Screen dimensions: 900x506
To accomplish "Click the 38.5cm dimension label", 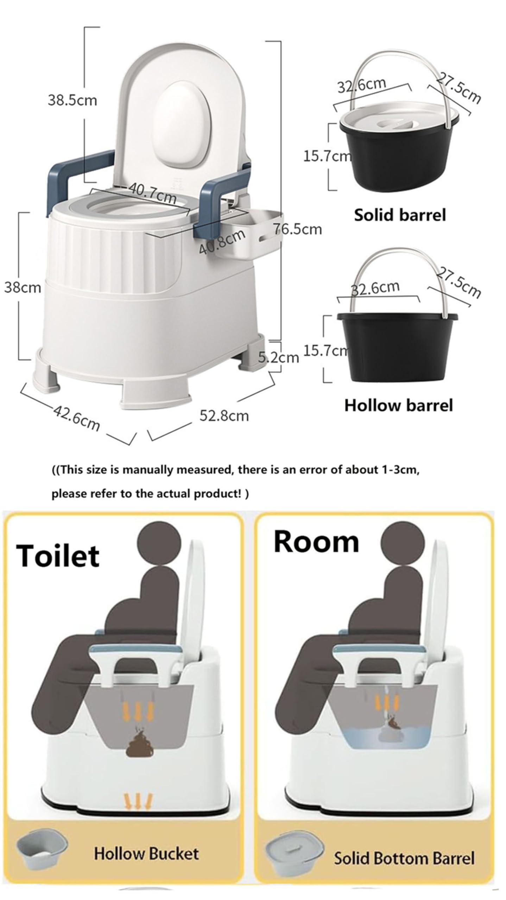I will click(72, 101).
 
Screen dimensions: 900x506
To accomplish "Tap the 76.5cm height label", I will click(298, 229).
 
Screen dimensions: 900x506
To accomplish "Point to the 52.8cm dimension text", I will click(224, 416).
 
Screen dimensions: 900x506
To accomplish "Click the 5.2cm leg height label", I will click(278, 357).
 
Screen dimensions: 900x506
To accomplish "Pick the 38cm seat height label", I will click(23, 288).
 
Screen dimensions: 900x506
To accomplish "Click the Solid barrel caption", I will click(400, 215).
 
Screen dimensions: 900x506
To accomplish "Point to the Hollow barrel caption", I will click(398, 405).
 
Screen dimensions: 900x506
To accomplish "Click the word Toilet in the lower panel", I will click(58, 556).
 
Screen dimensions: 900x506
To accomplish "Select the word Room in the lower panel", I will click(316, 542).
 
